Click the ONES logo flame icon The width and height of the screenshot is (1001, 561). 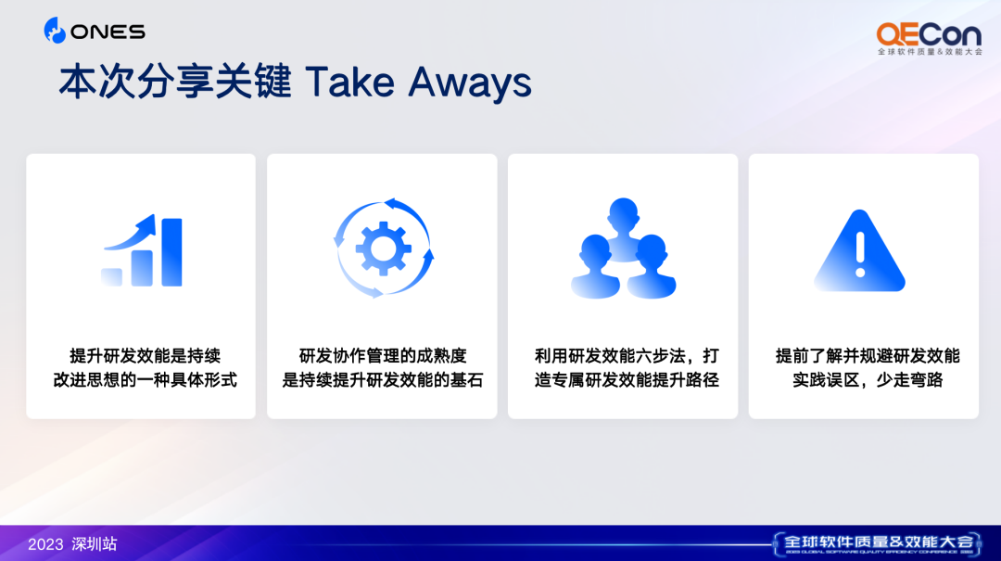[x=55, y=31]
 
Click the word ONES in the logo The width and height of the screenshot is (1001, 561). [x=108, y=32]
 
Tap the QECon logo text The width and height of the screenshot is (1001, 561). [x=929, y=34]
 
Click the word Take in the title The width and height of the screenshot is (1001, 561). [x=349, y=83]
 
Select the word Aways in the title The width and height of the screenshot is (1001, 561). [x=470, y=83]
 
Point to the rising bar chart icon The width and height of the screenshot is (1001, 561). [x=142, y=250]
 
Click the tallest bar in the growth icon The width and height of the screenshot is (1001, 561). [x=171, y=252]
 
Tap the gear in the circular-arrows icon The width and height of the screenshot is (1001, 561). [x=383, y=249]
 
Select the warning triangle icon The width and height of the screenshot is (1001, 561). [x=860, y=251]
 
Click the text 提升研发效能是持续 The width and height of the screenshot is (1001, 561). [x=145, y=356]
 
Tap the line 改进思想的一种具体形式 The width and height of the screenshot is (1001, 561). [x=145, y=380]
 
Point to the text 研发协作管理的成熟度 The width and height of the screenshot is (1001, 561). [x=383, y=356]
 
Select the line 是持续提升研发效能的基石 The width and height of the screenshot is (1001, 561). [x=383, y=380]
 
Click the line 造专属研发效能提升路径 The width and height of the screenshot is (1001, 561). [x=627, y=380]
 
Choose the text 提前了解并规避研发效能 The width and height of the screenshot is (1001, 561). [x=868, y=356]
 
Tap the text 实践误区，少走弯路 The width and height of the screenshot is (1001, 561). [x=868, y=380]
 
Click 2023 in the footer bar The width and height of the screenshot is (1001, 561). [x=46, y=544]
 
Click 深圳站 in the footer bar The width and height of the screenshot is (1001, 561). [x=95, y=544]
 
